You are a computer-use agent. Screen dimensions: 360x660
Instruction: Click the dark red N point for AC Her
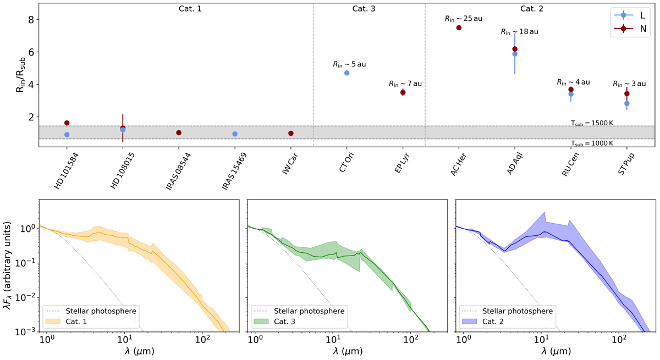459,27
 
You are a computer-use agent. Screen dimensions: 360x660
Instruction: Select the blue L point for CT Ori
346,73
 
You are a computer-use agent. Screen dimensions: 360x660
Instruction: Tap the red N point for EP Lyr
403,92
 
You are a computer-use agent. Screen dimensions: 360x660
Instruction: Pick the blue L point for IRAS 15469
235,134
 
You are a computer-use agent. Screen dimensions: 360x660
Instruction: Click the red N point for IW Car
291,133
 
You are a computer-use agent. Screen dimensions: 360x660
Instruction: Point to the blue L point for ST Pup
627,103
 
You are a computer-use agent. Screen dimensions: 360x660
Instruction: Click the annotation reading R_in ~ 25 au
463,19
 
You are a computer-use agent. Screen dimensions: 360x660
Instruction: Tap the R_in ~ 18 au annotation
519,32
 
